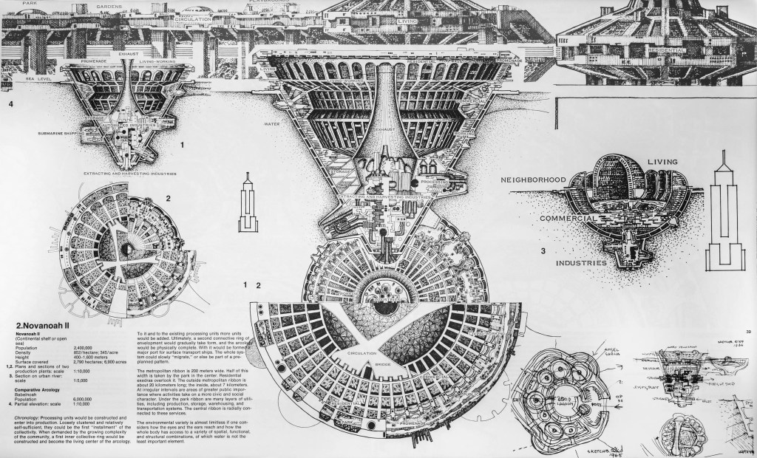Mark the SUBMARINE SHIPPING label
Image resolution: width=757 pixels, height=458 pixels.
[66, 134]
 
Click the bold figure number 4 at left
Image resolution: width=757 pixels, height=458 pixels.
[10, 106]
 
